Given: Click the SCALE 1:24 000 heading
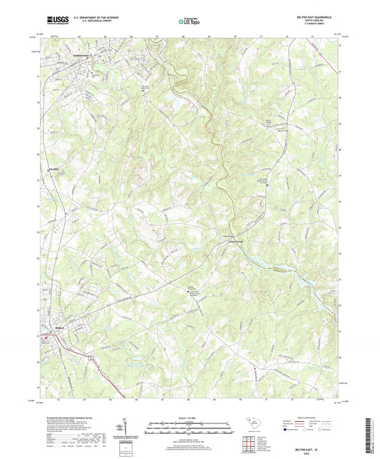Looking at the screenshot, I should [x=189, y=417].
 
